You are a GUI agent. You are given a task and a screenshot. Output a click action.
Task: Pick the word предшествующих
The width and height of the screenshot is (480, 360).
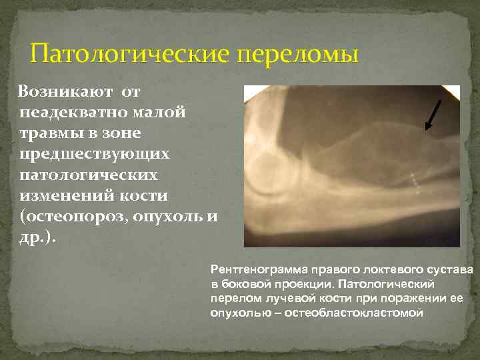pyautogui.click(x=94, y=153)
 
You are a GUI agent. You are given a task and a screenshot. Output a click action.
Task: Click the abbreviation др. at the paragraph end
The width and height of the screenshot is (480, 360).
pyautogui.click(x=35, y=239)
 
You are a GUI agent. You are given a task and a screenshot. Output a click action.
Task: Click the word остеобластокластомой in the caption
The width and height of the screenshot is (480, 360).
pyautogui.click(x=353, y=312)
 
